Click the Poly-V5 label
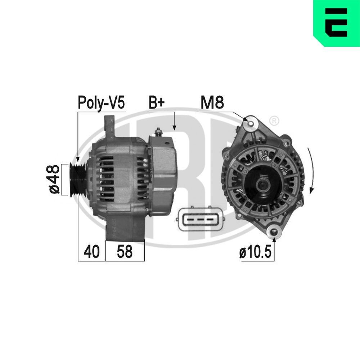pos(101,103)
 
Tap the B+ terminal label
pos(157,103)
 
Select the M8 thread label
pos(212,103)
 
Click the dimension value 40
pos(91,252)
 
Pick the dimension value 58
pos(125,252)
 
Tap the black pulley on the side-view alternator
pos(77,179)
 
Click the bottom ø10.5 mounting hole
pos(274,232)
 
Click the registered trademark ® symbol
pos(274,120)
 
